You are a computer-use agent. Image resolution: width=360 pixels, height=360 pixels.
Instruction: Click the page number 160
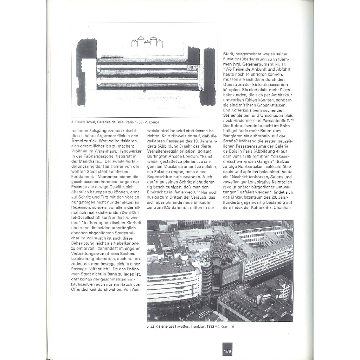(x=226, y=352)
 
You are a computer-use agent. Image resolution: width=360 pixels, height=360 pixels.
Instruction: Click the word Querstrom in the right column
(x=234, y=84)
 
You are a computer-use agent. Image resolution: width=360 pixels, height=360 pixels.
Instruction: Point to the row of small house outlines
(x=147, y=42)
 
